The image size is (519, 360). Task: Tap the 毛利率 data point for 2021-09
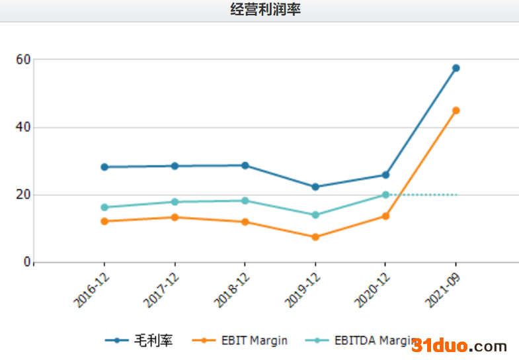[x=456, y=68]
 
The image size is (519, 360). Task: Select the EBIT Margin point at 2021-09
[x=456, y=111]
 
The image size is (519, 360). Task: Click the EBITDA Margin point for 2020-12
[x=385, y=195]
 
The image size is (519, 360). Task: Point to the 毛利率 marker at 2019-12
[x=315, y=187]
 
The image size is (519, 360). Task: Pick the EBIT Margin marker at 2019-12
[x=315, y=237]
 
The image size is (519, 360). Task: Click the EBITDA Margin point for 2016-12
[x=104, y=207]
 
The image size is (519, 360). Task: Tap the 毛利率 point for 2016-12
[x=104, y=167]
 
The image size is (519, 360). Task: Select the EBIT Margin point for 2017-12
[x=175, y=217]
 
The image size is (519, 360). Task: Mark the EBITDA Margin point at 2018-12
[x=245, y=201]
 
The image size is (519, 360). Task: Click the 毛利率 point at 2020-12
[x=385, y=175]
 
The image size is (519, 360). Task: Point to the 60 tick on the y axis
[x=23, y=60]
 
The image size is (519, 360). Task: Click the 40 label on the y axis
[x=23, y=127]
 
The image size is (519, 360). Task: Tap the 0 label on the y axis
[x=27, y=263]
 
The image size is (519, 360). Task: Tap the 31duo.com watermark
[x=459, y=346]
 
